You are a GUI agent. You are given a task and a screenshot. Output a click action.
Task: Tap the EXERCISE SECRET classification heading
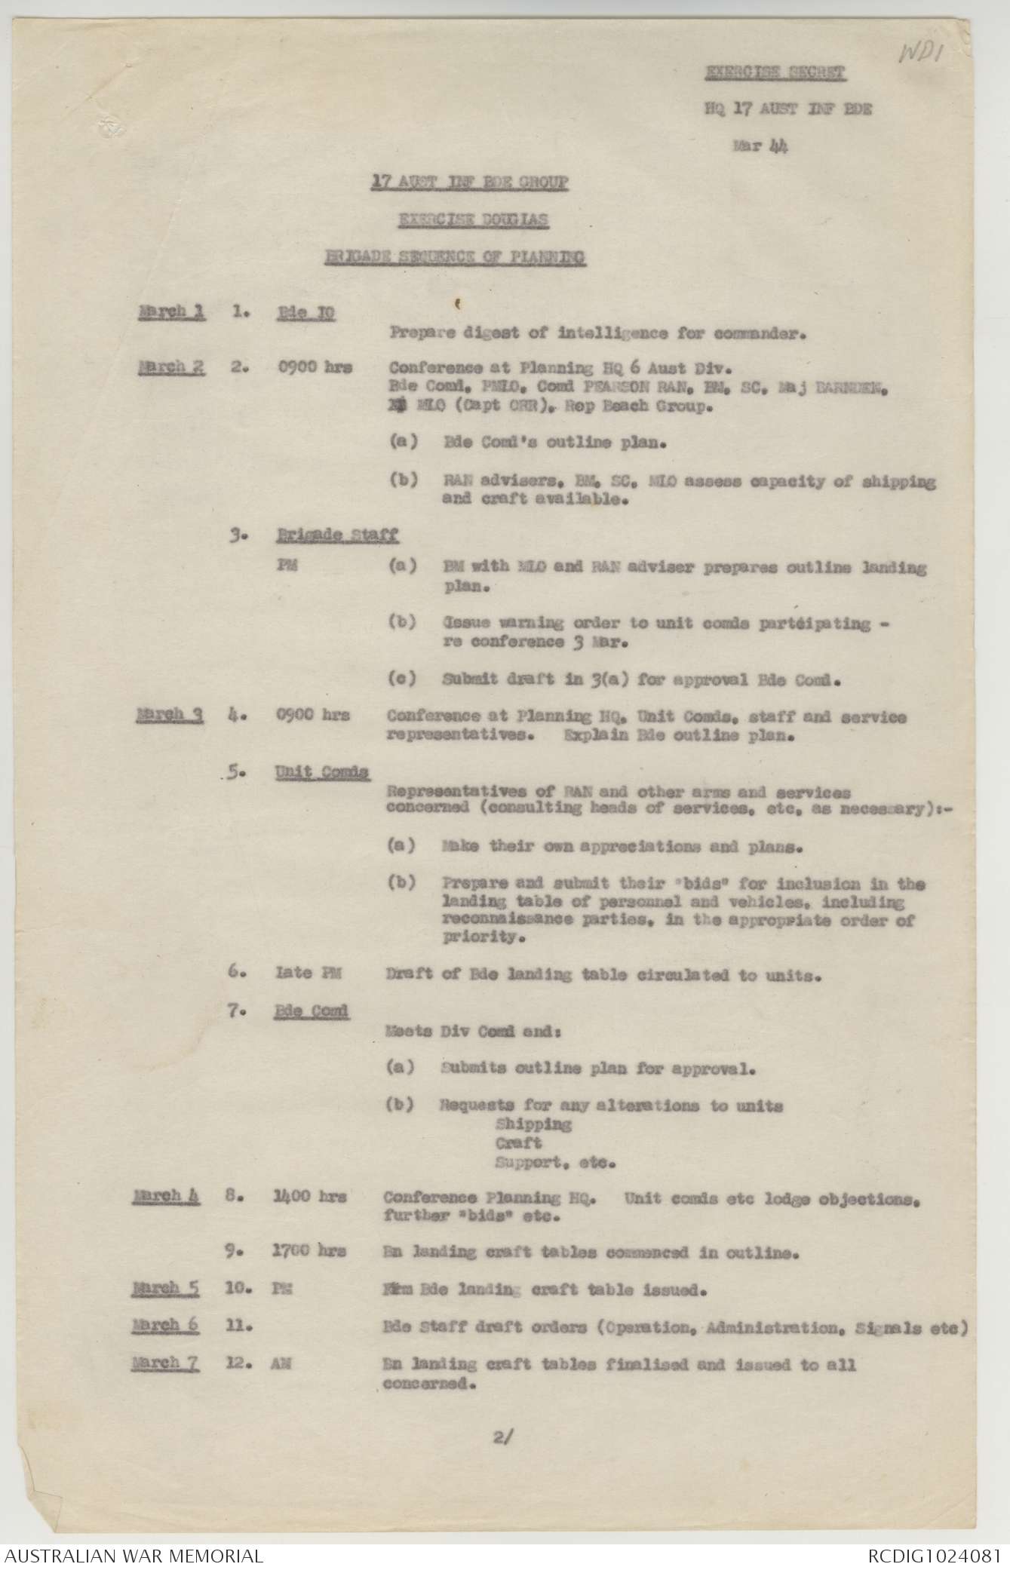pos(775,73)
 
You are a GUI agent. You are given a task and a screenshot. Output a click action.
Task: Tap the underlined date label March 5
pos(166,1288)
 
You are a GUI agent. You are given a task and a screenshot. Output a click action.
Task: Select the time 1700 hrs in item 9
pos(309,1251)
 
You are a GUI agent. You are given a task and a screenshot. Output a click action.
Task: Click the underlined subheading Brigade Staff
pos(336,536)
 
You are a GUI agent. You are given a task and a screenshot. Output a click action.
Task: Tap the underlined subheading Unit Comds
pos(322,772)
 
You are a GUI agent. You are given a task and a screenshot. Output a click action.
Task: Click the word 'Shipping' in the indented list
pos(533,1124)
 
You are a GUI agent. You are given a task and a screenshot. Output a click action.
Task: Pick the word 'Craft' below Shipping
pos(518,1143)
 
